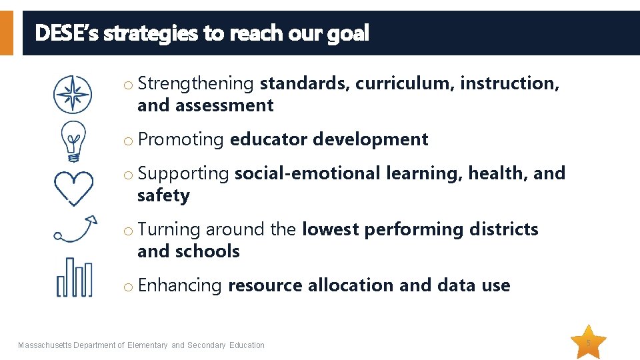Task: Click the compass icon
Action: (x=73, y=94)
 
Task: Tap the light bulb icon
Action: (x=73, y=141)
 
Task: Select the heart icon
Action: (x=73, y=187)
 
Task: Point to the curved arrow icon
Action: (x=75, y=228)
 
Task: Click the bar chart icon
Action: (x=74, y=277)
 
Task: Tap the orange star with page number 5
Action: (x=589, y=343)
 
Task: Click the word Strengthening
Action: (x=196, y=83)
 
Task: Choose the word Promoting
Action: (x=181, y=139)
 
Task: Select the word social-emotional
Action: (x=307, y=173)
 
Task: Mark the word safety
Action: (x=163, y=195)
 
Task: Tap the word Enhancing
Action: (x=179, y=285)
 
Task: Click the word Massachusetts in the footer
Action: (x=45, y=345)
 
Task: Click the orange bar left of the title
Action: (x=6, y=33)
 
